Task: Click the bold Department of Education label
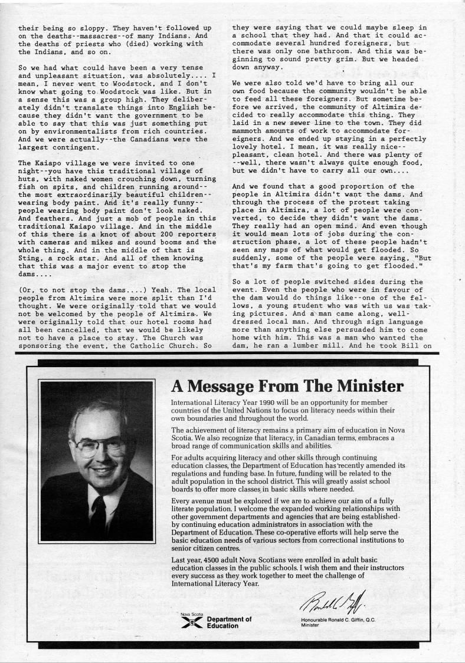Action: (229, 622)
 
